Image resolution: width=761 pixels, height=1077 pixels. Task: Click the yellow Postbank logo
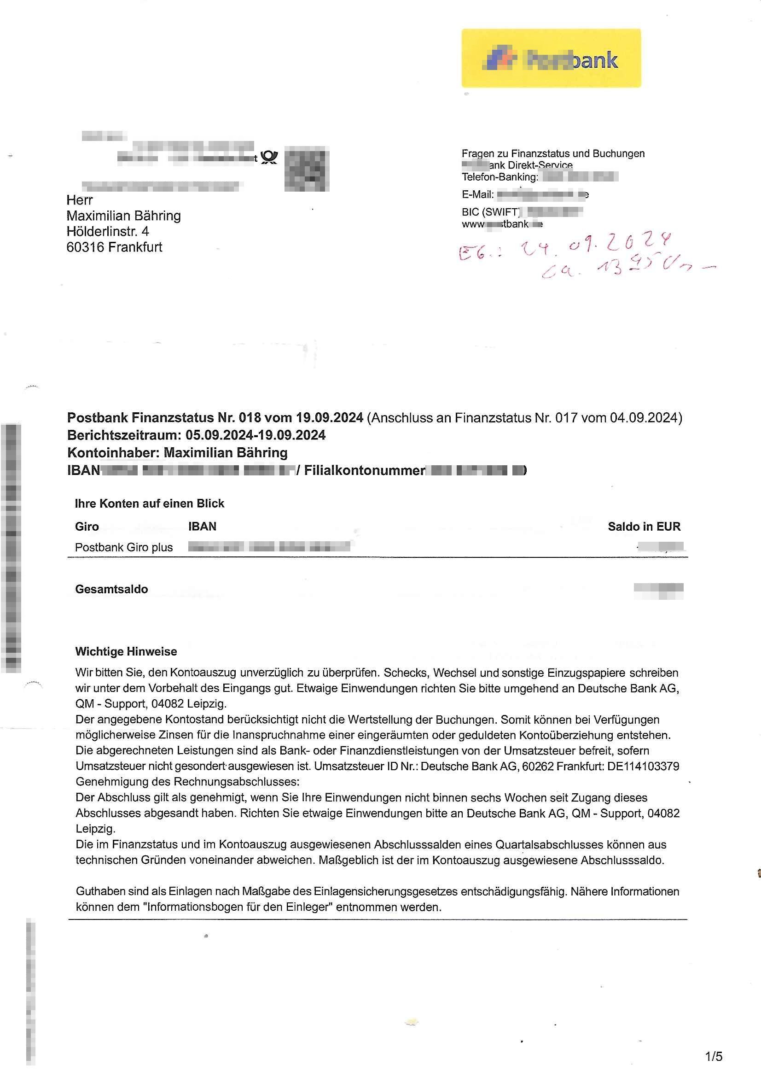(551, 58)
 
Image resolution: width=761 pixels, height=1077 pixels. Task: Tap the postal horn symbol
(269, 157)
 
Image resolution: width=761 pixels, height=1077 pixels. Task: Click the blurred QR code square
(307, 169)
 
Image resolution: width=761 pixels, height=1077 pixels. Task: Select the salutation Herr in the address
(80, 200)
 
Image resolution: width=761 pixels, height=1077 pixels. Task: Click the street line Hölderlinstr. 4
(108, 231)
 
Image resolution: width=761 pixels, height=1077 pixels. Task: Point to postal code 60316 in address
(85, 247)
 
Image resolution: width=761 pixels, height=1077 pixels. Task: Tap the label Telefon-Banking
(500, 177)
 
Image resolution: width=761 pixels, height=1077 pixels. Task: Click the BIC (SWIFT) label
(490, 212)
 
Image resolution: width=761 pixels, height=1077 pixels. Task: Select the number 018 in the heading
(249, 417)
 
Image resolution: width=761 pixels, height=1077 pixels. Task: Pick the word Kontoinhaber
(113, 453)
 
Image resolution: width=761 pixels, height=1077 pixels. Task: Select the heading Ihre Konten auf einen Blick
(150, 503)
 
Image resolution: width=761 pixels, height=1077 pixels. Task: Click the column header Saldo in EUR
(644, 527)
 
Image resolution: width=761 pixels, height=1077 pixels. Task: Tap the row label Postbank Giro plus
(124, 547)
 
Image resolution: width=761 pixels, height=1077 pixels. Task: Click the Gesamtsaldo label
(111, 589)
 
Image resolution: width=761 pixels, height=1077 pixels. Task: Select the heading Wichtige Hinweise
(126, 651)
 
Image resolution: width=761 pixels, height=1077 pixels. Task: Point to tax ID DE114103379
(643, 767)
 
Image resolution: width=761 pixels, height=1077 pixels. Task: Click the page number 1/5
(714, 1056)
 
